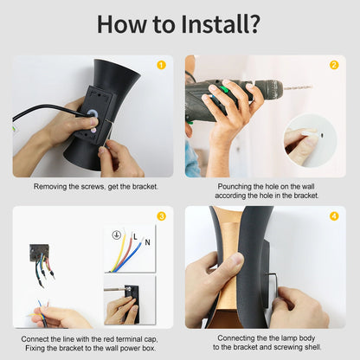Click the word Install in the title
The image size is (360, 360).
tap(212, 23)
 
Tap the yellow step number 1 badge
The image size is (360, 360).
tap(161, 65)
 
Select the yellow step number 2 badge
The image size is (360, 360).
tap(334, 65)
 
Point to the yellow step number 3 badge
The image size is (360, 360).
tap(161, 216)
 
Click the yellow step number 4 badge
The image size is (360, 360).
tap(334, 216)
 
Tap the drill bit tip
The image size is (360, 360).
tap(312, 86)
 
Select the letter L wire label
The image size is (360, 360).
tap(135, 237)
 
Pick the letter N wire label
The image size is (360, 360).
tap(147, 242)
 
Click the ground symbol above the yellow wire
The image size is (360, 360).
tap(116, 235)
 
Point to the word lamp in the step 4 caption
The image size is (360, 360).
tap(288, 338)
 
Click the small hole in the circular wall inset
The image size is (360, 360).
tap(322, 134)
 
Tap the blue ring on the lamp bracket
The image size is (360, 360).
tap(93, 114)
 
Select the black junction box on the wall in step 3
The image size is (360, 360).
tap(39, 253)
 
